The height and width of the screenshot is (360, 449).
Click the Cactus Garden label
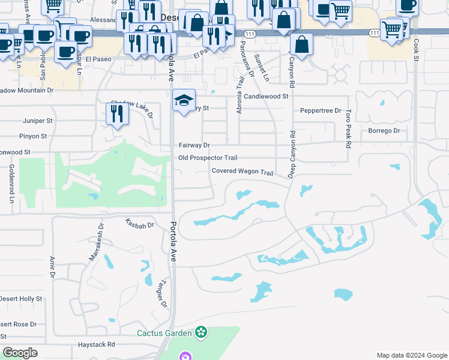click(164, 333)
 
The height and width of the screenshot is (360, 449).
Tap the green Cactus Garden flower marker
click(201, 332)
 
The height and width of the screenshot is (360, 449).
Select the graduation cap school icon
click(184, 100)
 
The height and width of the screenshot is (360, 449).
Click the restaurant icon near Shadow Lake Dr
click(117, 113)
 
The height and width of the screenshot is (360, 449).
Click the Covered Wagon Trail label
click(242, 172)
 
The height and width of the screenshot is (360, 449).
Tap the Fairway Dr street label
click(194, 145)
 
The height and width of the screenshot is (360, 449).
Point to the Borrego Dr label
click(384, 131)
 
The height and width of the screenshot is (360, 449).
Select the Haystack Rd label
click(96, 345)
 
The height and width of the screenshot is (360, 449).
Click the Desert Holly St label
click(21, 299)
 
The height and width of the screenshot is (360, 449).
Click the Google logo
click(20, 353)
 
